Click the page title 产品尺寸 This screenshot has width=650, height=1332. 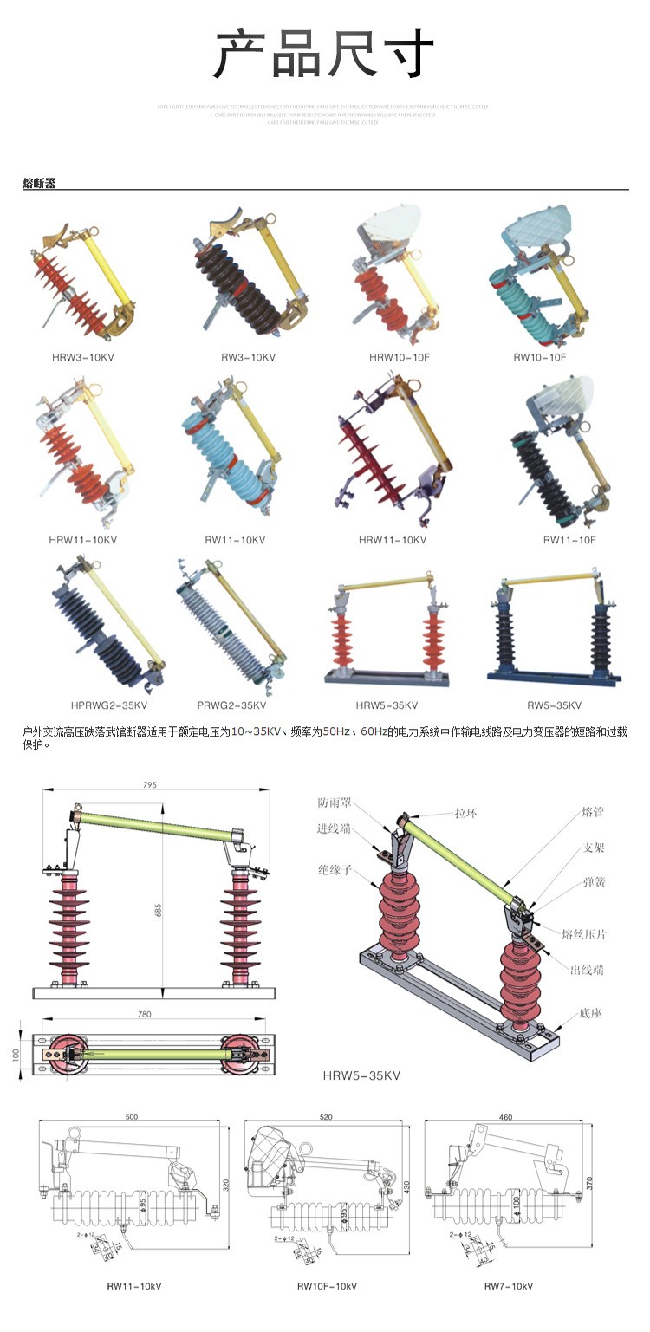(324, 54)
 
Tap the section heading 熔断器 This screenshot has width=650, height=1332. (39, 183)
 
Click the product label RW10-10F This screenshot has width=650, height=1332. (540, 357)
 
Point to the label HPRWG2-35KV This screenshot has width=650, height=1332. (109, 705)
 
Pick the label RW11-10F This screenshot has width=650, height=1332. (569, 540)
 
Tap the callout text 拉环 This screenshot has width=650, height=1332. (467, 814)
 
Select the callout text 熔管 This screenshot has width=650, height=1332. (593, 814)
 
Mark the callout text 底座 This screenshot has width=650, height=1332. (591, 1013)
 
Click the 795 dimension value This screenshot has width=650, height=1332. (151, 785)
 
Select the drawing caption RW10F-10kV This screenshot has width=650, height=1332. (327, 1287)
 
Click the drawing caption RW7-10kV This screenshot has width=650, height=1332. (509, 1287)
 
